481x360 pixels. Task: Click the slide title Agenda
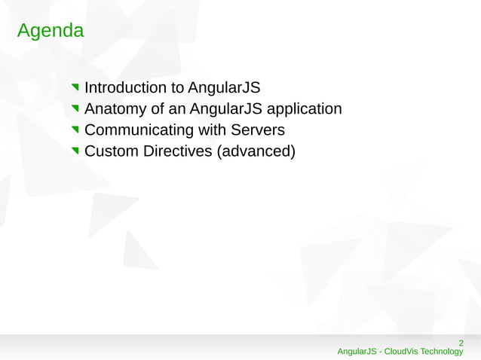[50, 32]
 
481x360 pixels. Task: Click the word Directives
[179, 152]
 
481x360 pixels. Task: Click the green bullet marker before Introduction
[75, 88]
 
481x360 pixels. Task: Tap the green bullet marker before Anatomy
[75, 110]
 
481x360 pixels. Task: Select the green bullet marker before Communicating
[75, 132]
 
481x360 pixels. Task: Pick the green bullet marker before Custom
[75, 153]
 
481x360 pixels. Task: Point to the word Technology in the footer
[442, 352]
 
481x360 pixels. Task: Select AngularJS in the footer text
[357, 352]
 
